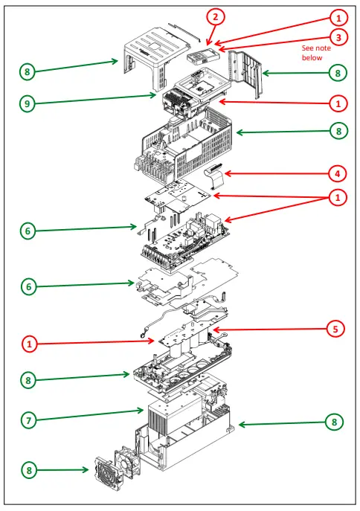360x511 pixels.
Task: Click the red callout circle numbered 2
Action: [x=215, y=16]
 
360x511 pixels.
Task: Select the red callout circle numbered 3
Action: [x=338, y=37]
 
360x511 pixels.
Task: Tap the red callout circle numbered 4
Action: [x=338, y=174]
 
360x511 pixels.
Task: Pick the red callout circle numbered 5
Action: [x=335, y=329]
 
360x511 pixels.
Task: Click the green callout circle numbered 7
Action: [x=29, y=420]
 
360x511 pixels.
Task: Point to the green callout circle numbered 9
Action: [x=28, y=103]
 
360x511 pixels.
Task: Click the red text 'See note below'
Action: [x=316, y=53]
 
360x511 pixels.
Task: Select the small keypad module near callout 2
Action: [x=203, y=57]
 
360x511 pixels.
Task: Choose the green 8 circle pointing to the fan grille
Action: [x=29, y=470]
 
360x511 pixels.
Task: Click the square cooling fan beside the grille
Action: [x=127, y=462]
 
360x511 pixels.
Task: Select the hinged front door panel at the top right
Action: [x=245, y=74]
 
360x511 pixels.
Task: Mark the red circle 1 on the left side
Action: [x=29, y=344]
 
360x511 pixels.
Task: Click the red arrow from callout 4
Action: [x=276, y=174]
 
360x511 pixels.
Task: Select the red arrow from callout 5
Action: [x=269, y=330]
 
